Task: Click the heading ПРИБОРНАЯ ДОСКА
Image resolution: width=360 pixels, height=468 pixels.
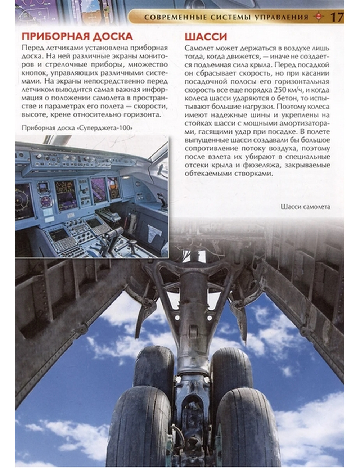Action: pyautogui.click(x=77, y=36)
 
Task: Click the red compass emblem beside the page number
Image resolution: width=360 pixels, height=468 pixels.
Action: pyautogui.click(x=318, y=17)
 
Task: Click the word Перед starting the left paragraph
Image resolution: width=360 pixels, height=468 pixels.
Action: pyautogui.click(x=31, y=48)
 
